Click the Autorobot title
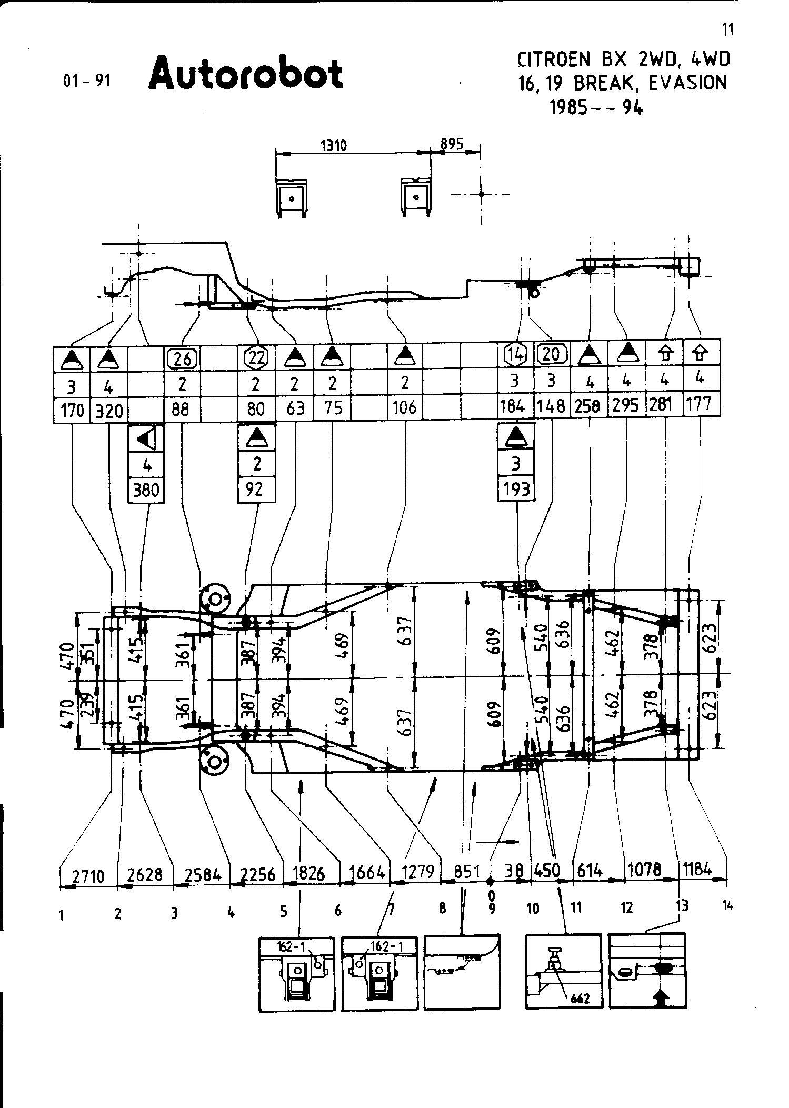point(246,74)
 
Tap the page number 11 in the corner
point(727,30)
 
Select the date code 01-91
point(87,81)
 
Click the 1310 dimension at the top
point(334,145)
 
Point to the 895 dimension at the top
point(452,144)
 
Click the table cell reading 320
point(109,410)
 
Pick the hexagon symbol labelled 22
point(256,358)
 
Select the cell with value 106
point(404,407)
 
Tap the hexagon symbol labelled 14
point(516,355)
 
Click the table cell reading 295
point(626,405)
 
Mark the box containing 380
point(146,490)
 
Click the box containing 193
point(516,489)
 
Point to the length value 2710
point(88,876)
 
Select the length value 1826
point(308,873)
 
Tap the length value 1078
point(645,869)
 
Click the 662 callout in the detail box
point(580,998)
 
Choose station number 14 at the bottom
point(727,905)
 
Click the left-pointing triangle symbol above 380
point(146,438)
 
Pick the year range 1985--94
point(596,107)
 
